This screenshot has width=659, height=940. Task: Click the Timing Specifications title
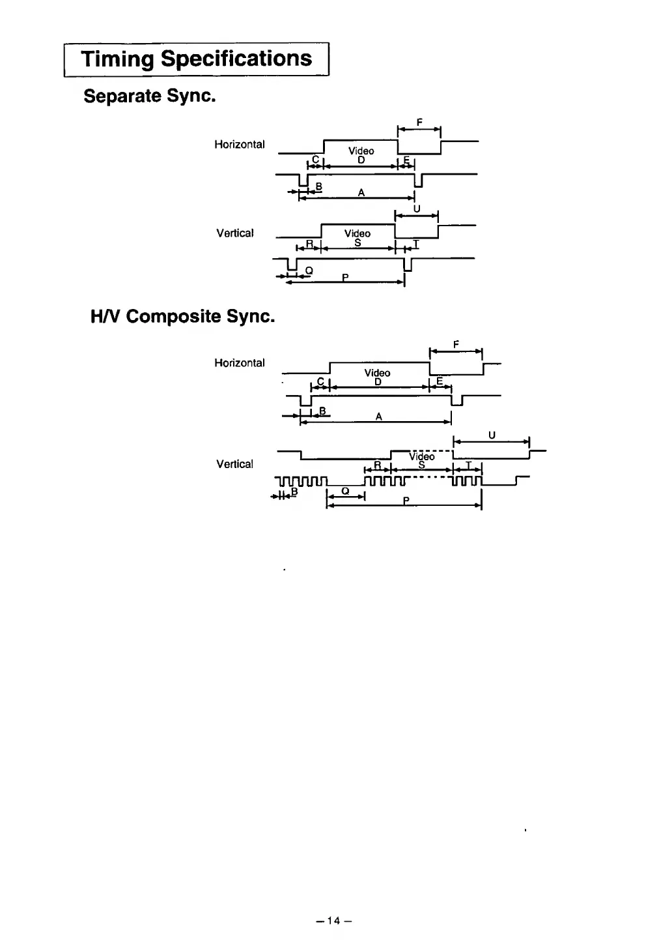[x=197, y=59]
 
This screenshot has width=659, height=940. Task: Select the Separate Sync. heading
[x=149, y=96]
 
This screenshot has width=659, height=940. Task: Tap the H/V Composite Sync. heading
[x=182, y=317]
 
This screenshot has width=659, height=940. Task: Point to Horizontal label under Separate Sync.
[x=240, y=145]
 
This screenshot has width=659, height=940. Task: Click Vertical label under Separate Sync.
[x=234, y=233]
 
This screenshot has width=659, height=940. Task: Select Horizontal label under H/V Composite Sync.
[x=240, y=363]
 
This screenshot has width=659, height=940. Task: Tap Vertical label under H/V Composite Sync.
[x=234, y=464]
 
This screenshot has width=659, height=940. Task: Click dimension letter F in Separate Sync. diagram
[x=419, y=122]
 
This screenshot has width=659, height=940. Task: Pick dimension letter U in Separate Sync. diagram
[x=417, y=209]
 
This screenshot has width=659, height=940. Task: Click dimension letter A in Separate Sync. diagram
[x=361, y=192]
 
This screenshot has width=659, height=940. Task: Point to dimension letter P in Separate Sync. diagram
[x=346, y=278]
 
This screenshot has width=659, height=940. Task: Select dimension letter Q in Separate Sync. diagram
[x=309, y=270]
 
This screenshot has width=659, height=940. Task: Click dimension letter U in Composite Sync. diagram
[x=492, y=435]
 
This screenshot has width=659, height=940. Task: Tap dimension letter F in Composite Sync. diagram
[x=456, y=344]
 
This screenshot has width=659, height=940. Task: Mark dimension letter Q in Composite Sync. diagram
[x=345, y=491]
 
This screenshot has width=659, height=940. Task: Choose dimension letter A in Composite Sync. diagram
[x=378, y=417]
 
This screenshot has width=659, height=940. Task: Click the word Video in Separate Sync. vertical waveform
[x=358, y=233]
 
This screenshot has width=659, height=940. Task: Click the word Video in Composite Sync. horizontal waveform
[x=378, y=373]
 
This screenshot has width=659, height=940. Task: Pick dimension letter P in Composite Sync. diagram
[x=406, y=501]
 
